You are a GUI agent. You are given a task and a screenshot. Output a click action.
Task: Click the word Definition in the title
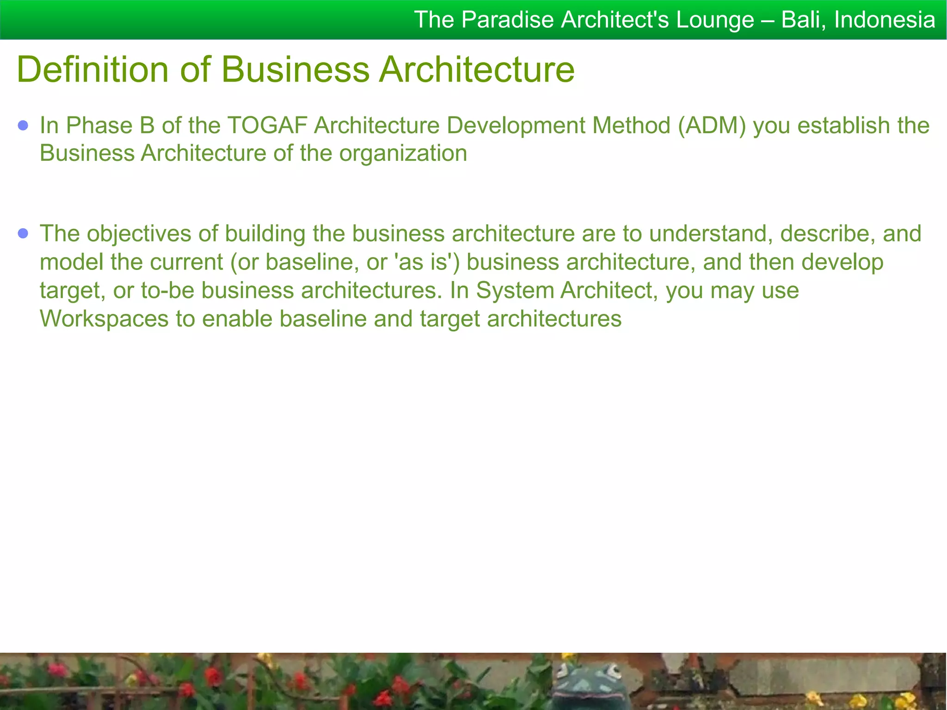pos(92,70)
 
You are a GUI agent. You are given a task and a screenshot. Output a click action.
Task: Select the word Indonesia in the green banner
pos(885,20)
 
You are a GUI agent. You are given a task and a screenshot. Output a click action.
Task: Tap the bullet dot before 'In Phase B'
pos(23,126)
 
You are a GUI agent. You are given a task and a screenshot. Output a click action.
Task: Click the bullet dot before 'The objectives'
pos(23,233)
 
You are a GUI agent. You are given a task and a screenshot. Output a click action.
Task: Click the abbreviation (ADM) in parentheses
pos(712,126)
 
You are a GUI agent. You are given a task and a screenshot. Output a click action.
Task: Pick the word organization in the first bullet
pos(403,153)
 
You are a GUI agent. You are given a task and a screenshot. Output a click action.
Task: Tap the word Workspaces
pos(104,319)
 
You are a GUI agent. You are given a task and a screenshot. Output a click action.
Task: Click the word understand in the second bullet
pos(711,233)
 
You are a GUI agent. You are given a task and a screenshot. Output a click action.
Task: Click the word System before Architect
pos(516,291)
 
